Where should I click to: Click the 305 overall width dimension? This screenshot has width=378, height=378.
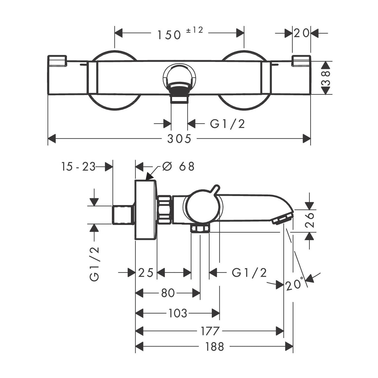(x=179, y=139)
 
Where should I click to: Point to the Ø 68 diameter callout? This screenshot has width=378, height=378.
(x=178, y=167)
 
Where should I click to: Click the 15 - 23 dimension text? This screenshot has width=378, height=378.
(x=78, y=167)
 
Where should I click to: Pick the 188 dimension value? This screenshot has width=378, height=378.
(x=214, y=347)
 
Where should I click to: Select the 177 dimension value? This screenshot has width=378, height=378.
(x=210, y=331)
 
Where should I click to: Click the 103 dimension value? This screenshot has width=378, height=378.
(x=178, y=313)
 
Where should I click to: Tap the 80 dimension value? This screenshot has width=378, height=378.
(x=168, y=293)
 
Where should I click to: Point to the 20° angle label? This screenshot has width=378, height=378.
(x=295, y=284)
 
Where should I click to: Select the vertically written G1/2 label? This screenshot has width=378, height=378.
(x=95, y=264)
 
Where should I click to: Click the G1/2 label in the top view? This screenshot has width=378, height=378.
(x=227, y=124)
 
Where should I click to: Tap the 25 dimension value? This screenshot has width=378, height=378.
(x=146, y=273)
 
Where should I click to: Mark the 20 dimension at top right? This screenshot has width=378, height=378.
(x=301, y=33)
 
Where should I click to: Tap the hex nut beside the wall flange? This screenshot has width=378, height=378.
(x=164, y=210)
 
